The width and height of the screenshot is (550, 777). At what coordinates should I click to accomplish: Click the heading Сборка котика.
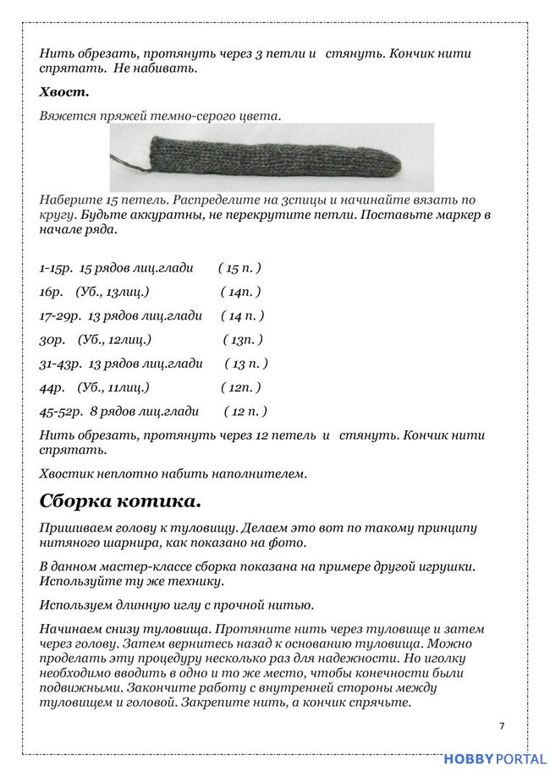(x=120, y=501)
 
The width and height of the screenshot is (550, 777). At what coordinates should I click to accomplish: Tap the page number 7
(x=502, y=725)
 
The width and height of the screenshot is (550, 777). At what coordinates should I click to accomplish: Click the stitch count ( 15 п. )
(x=239, y=268)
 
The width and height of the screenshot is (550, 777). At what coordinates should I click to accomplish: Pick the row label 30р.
(x=52, y=340)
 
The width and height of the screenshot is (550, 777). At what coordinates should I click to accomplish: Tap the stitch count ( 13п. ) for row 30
(x=243, y=340)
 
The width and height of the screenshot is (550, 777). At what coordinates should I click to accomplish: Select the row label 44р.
(x=52, y=388)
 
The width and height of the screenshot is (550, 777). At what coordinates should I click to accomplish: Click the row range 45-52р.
(x=60, y=412)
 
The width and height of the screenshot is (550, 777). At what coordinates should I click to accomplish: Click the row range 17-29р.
(x=60, y=316)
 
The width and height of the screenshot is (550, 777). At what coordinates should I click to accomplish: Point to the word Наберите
(x=70, y=200)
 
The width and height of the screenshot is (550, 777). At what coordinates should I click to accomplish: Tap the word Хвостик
(x=69, y=474)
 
